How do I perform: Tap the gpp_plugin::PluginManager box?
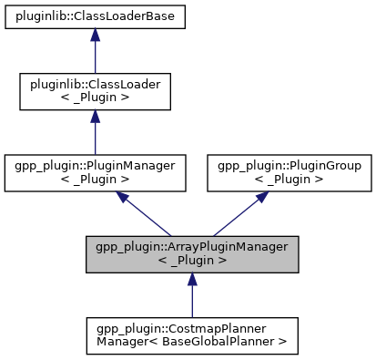(96, 173)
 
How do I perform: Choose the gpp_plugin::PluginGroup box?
(287, 173)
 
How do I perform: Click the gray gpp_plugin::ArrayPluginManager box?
(190, 254)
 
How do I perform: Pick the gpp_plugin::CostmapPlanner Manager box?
(190, 335)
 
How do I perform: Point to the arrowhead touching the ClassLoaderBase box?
(96, 36)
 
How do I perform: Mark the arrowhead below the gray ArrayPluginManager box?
(190, 281)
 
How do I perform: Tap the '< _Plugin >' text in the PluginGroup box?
(287, 180)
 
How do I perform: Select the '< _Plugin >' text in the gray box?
(190, 262)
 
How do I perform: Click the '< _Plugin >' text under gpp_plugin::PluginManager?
(96, 180)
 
